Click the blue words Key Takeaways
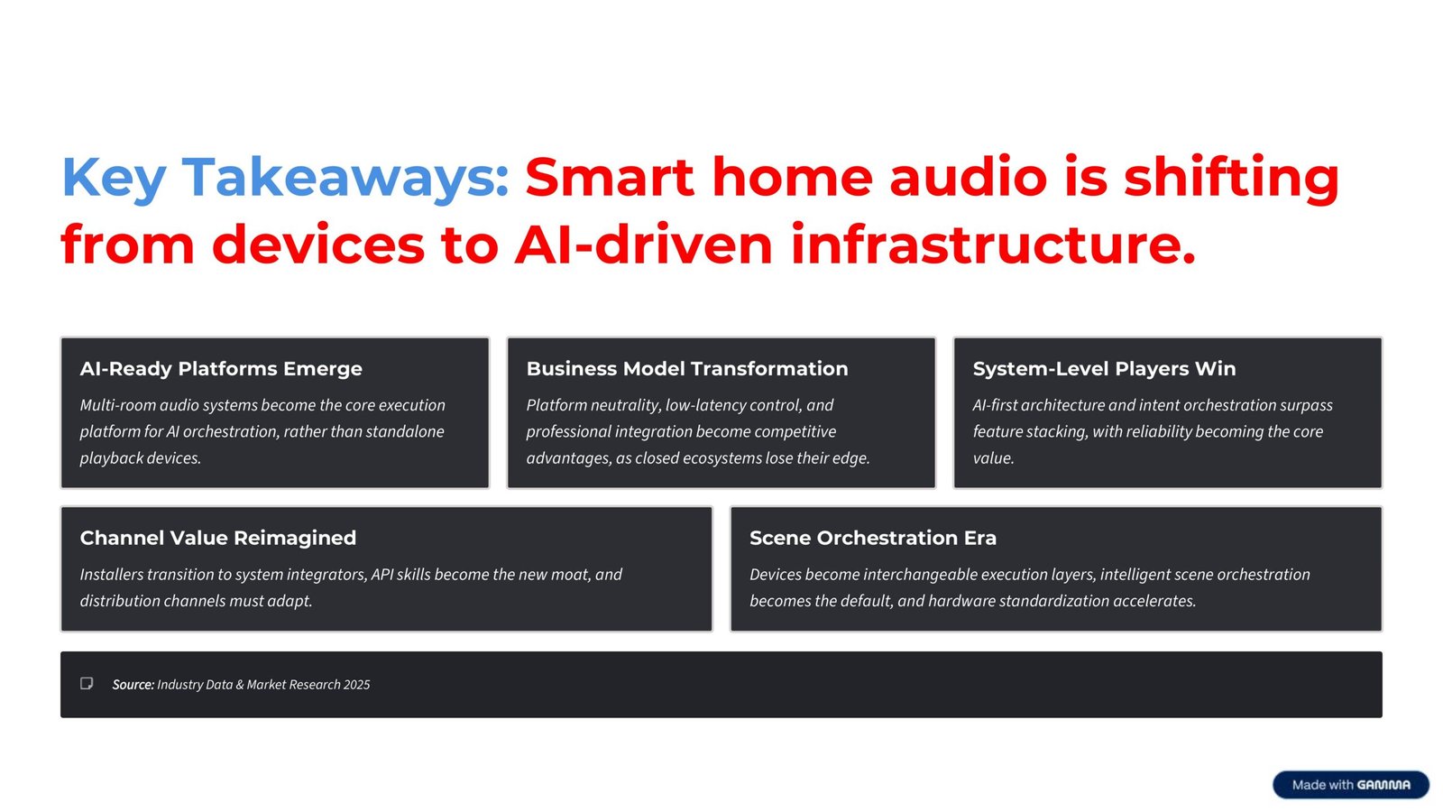[285, 178]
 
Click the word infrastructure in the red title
[992, 245]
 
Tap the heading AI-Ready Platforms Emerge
[221, 368]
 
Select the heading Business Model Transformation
[687, 368]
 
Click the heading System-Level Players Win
[1104, 368]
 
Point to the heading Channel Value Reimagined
[218, 538]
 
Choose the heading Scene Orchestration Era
[872, 538]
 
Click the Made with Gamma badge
[1350, 784]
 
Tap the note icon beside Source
[87, 684]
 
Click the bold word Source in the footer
[133, 685]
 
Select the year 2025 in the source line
[356, 685]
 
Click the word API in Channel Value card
[382, 575]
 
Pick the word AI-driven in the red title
[644, 245]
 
